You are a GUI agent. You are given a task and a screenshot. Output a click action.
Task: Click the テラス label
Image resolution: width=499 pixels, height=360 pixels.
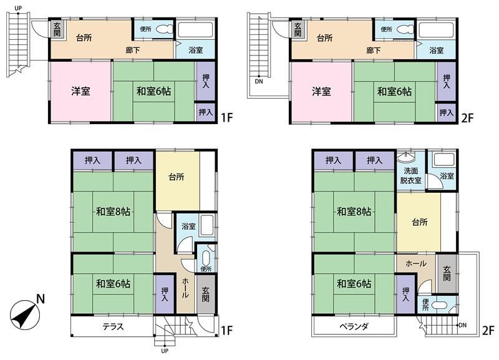click(112, 326)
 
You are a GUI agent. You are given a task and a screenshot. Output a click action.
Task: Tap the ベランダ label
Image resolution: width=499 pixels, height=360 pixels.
click(354, 326)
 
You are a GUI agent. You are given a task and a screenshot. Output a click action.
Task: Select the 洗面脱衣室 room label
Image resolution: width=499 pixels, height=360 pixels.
click(410, 176)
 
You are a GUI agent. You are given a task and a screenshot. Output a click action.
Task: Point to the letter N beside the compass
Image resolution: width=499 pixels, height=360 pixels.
click(40, 299)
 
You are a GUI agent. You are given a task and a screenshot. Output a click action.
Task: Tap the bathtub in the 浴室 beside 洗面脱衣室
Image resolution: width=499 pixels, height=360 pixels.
click(446, 160)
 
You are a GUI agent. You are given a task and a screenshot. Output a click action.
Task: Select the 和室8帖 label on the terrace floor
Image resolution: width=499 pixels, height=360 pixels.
click(113, 212)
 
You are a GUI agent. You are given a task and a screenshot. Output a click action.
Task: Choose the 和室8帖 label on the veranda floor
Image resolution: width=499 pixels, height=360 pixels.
click(354, 212)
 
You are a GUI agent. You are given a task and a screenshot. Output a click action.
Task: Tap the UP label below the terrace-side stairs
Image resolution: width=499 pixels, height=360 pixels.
click(165, 351)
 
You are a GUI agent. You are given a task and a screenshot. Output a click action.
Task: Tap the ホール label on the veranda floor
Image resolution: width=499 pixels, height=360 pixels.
click(416, 264)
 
